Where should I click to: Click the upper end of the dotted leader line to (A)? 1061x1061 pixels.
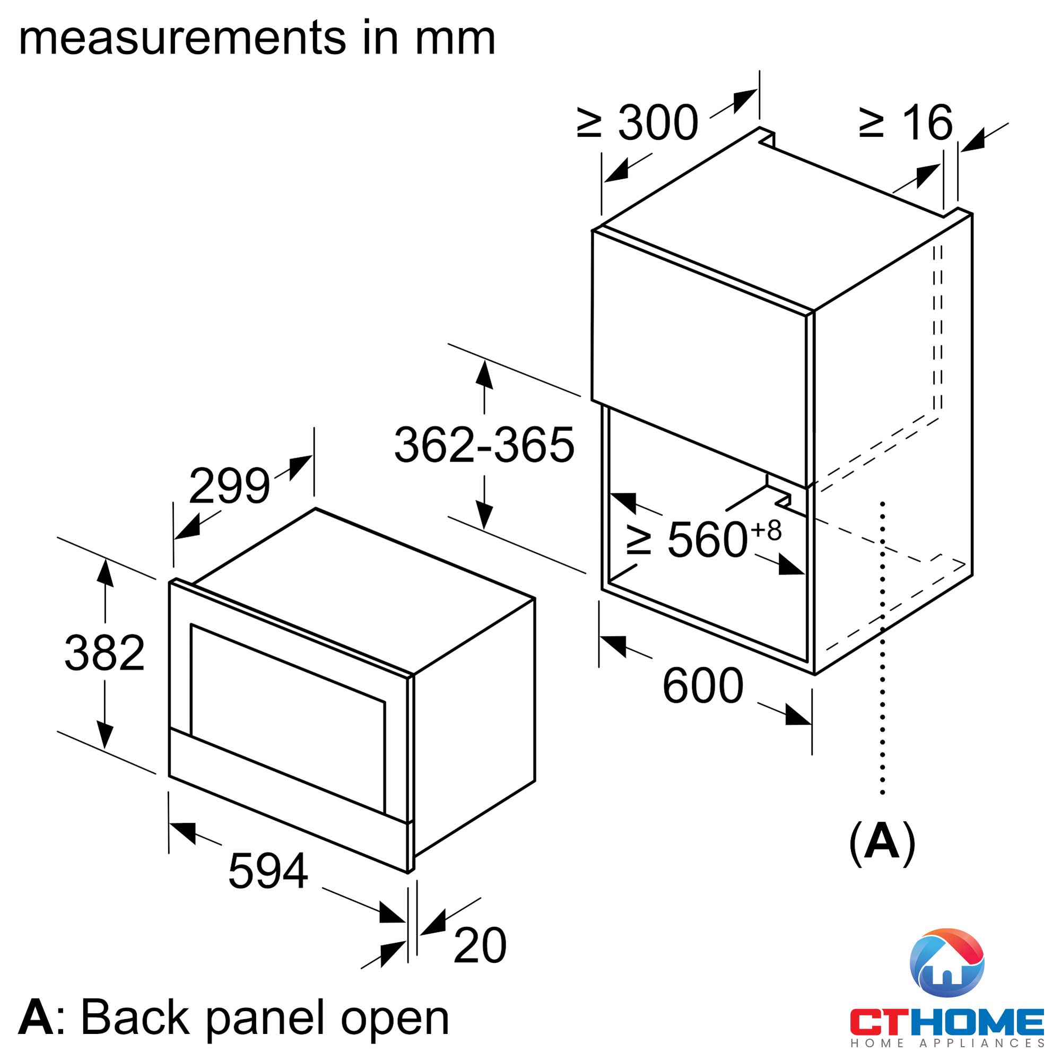[883, 502]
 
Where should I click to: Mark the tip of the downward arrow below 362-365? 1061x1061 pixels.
[484, 529]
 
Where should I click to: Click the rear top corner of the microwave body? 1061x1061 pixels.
[315, 508]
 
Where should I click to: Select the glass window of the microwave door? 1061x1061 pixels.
[288, 718]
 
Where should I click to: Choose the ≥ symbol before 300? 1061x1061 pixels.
[589, 123]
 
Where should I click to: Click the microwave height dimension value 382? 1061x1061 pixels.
[105, 653]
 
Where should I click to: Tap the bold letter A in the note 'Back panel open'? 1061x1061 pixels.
[36, 1017]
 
